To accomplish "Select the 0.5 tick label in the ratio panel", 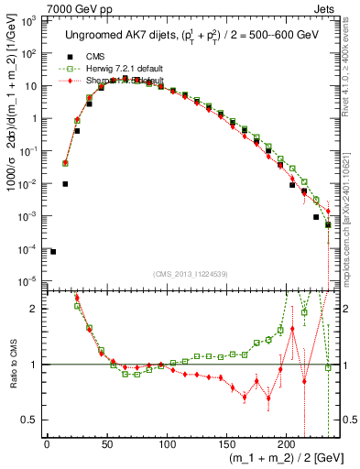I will pyautogui.click(x=30, y=420).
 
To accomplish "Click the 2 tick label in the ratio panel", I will pyautogui.click(x=35, y=309).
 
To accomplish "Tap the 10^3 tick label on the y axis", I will pyautogui.click(x=27, y=20).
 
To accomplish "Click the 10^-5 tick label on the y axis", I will pyautogui.click(x=27, y=281).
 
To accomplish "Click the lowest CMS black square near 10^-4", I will pyautogui.click(x=53, y=252).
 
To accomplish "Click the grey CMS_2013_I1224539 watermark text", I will pyautogui.click(x=190, y=273).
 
